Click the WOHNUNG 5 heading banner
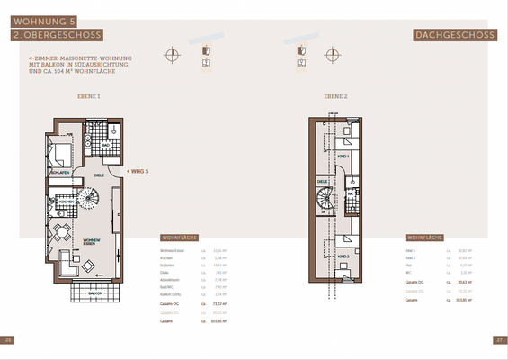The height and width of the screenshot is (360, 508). pyautogui.click(x=46, y=18)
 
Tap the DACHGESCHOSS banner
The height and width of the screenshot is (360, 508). pyautogui.click(x=455, y=35)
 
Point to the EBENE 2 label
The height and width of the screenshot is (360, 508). pyautogui.click(x=335, y=95)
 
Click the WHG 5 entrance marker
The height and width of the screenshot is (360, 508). pyautogui.click(x=138, y=170)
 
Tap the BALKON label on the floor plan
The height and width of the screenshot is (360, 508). pyautogui.click(x=94, y=292)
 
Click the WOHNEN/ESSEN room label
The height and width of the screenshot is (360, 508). pyautogui.click(x=92, y=242)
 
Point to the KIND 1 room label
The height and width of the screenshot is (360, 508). pyautogui.click(x=342, y=156)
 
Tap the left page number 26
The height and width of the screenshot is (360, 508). pyautogui.click(x=9, y=340)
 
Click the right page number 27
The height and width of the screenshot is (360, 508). pyautogui.click(x=499, y=340)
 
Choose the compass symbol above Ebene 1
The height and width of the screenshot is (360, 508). pyautogui.click(x=171, y=55)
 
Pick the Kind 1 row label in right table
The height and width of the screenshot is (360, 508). pyautogui.click(x=411, y=250)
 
